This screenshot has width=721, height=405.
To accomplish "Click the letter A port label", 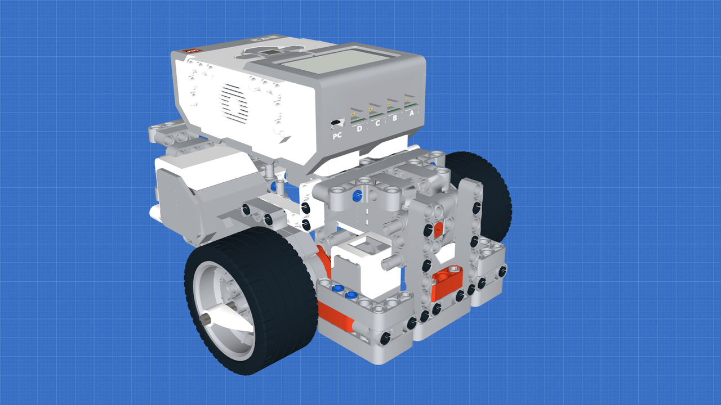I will tap(412, 114).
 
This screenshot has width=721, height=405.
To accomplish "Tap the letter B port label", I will tap(395, 118).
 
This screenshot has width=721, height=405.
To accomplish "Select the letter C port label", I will tap(377, 123).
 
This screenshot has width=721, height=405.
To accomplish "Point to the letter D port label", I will tap(359, 129).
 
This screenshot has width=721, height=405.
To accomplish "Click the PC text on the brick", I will tap(337, 136).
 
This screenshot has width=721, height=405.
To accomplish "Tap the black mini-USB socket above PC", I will tap(337, 122).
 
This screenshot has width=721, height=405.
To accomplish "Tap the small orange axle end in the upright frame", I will tap(439, 227).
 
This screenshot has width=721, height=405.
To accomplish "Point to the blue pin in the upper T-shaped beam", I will tap(356, 196).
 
